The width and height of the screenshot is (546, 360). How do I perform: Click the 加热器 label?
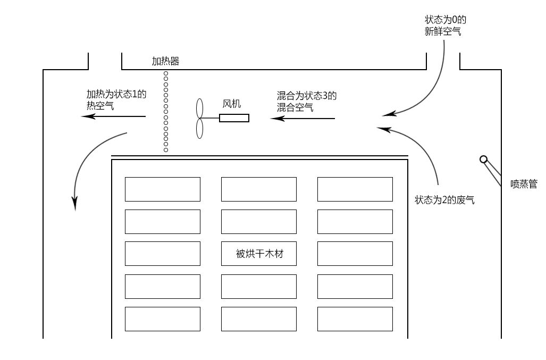click(165, 61)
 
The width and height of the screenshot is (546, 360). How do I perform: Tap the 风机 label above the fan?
click(232, 104)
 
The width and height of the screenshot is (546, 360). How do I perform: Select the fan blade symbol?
click(200, 119)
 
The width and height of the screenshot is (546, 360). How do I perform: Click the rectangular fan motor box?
click(234, 118)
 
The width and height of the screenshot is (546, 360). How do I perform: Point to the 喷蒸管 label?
click(524, 184)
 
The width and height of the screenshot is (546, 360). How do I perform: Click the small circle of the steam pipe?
click(483, 159)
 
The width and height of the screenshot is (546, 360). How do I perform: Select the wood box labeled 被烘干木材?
click(259, 254)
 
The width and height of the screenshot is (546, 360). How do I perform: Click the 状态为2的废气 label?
click(444, 200)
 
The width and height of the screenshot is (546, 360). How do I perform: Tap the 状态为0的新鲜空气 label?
click(445, 26)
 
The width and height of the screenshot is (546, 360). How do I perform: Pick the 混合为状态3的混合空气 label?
click(307, 102)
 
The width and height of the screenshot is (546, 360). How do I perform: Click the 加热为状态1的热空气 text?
click(116, 99)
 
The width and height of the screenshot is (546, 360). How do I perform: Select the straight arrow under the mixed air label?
click(303, 118)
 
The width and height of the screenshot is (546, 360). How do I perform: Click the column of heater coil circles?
click(166, 112)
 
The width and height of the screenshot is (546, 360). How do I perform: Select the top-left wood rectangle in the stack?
click(163, 189)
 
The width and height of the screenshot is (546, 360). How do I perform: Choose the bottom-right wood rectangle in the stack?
click(355, 319)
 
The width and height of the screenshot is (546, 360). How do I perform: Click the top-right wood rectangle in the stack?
click(355, 189)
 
